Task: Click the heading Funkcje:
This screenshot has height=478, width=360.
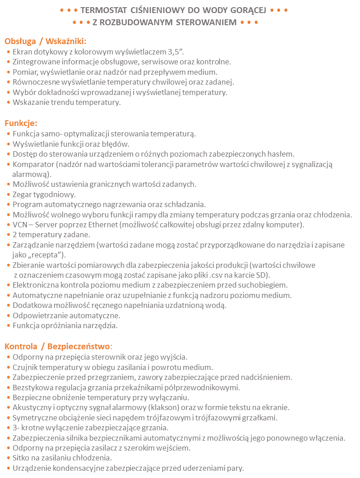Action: pyautogui.click(x=21, y=123)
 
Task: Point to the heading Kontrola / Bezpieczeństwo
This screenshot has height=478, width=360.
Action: pyautogui.click(x=57, y=346)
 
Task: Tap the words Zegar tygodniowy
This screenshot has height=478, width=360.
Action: pyautogui.click(x=44, y=194)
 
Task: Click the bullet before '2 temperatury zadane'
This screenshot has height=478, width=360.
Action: pyautogui.click(x=9, y=234)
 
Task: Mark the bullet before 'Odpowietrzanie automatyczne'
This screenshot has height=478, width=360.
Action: pyautogui.click(x=9, y=315)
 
